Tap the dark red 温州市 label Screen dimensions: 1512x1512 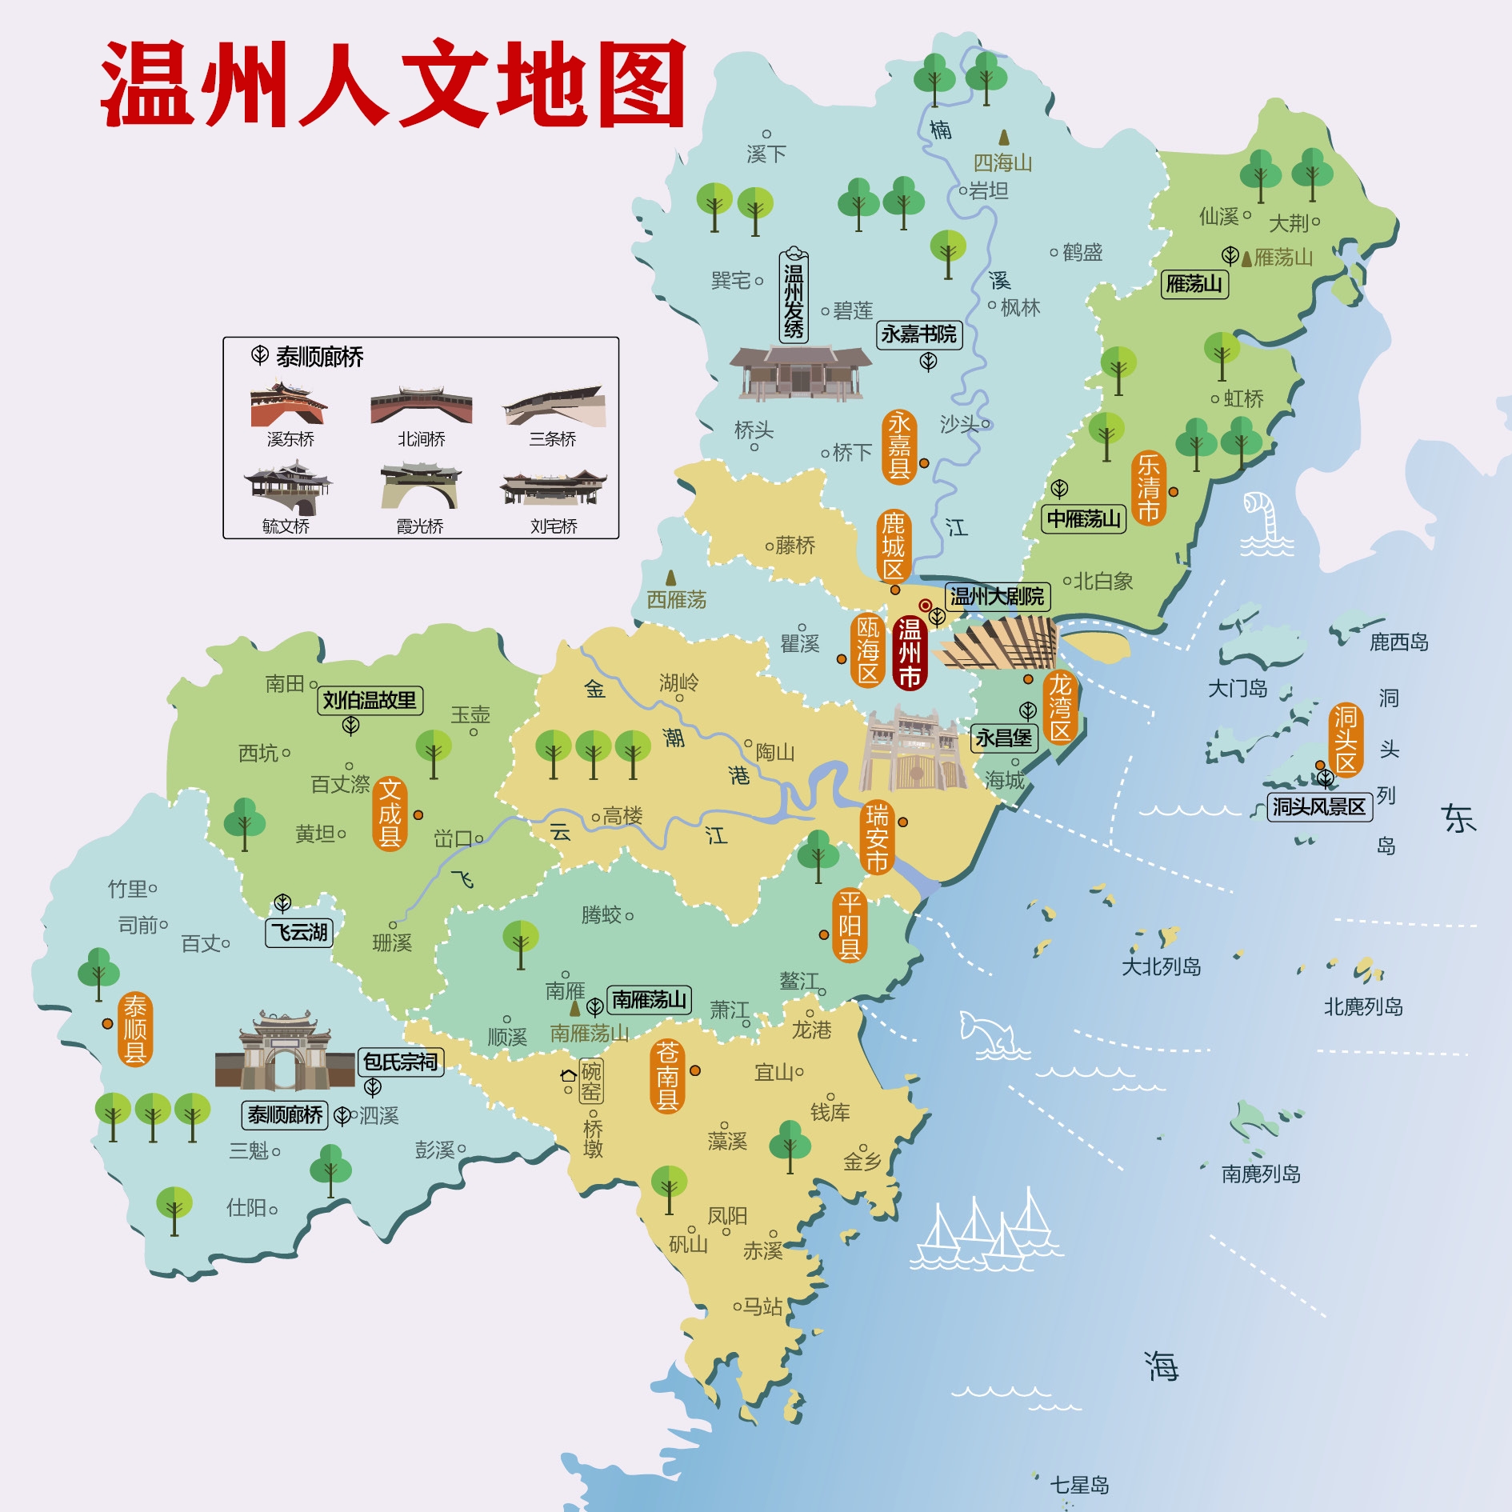coord(910,653)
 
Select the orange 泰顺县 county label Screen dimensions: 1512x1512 coord(135,1029)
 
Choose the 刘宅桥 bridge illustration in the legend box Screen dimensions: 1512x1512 coord(553,488)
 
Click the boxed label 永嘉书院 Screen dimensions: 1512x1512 coord(919,334)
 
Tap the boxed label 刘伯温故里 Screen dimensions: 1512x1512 coord(370,701)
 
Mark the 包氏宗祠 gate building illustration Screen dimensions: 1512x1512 coord(285,1052)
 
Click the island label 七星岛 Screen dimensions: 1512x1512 coord(1079,1486)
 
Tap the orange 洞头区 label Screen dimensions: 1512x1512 coord(1346,739)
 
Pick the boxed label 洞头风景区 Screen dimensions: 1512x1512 coord(1319,806)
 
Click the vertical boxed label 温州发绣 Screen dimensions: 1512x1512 coord(794,296)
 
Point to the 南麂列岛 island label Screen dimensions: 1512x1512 coord(1261,1174)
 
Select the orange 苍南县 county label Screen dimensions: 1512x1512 coord(667,1076)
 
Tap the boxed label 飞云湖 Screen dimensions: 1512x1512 coord(299,933)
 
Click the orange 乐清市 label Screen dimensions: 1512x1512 coord(1148,488)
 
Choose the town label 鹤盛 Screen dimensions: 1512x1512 coord(1082,253)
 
